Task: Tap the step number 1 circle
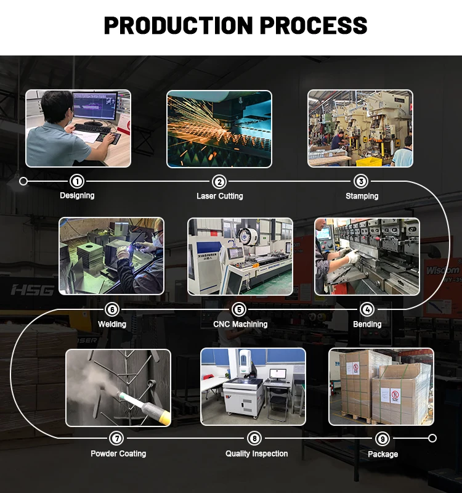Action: point(77,181)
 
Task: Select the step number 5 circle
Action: point(240,309)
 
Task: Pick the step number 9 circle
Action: point(383,439)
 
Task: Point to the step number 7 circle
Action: point(116,438)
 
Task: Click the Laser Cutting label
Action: point(219,196)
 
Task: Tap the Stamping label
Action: point(362,196)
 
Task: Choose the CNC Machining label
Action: point(240,324)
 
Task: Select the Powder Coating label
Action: point(118,454)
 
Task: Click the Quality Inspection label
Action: point(256,454)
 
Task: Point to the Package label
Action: point(383,454)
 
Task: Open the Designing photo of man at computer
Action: point(78,128)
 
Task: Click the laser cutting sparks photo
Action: point(219,128)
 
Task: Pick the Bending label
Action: point(367,324)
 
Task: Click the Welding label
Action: point(112,324)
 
